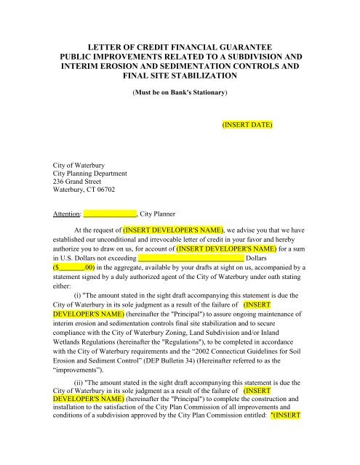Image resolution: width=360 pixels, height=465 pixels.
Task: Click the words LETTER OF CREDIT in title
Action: tap(116, 45)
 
